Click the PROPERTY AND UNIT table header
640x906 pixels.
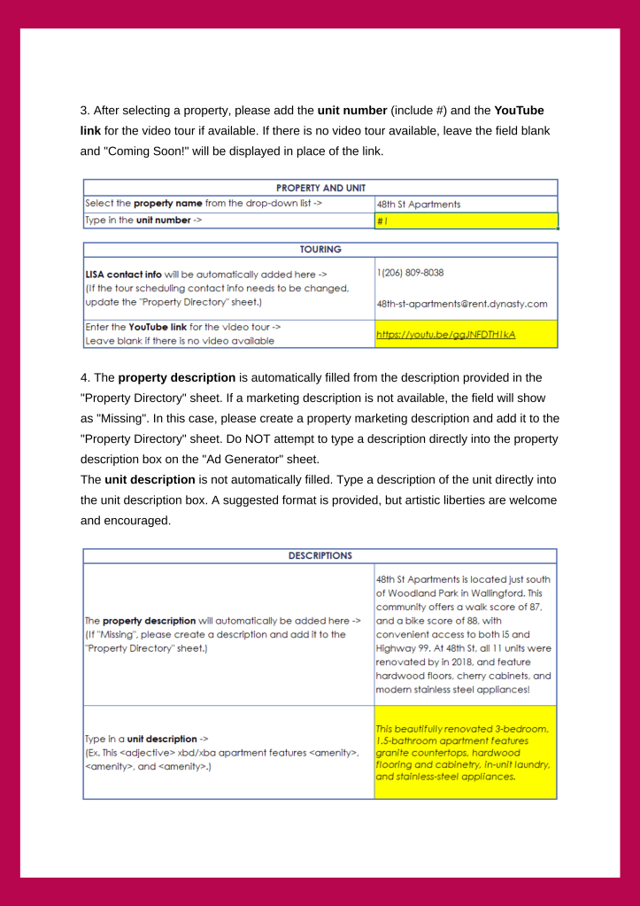(320, 188)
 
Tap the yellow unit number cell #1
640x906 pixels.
(466, 221)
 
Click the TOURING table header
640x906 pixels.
(320, 250)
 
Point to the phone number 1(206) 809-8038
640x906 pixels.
(410, 273)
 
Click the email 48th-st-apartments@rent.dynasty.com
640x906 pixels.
(461, 304)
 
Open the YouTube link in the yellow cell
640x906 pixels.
(445, 335)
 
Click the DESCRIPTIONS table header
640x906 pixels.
(320, 555)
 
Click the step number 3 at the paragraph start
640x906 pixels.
(84, 111)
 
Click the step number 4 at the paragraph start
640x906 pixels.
(84, 378)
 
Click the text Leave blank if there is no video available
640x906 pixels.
(180, 340)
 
